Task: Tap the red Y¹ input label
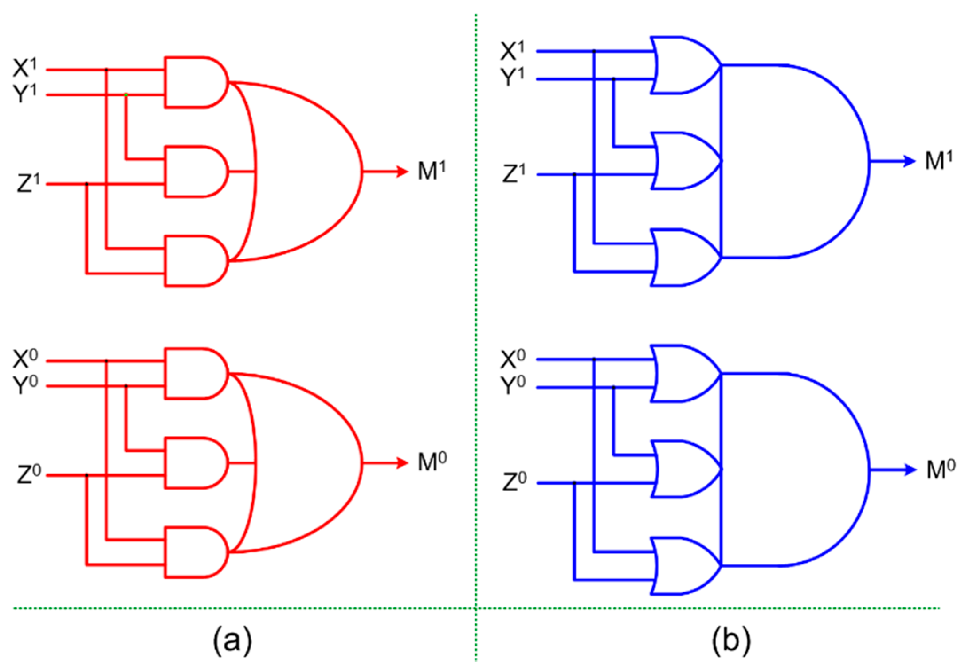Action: [x=25, y=93]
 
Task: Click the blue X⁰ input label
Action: [x=513, y=359]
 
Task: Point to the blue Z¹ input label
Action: [x=514, y=173]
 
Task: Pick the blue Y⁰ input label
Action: [x=513, y=385]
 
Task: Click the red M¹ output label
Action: [x=431, y=170]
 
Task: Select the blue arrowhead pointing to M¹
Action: [x=909, y=161]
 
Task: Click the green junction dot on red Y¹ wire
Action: [x=126, y=95]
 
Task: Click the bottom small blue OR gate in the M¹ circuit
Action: [x=681, y=258]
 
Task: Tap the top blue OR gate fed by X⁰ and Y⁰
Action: [x=681, y=374]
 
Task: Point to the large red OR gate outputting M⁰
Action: [x=306, y=463]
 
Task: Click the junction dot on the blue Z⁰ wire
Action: [x=574, y=483]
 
